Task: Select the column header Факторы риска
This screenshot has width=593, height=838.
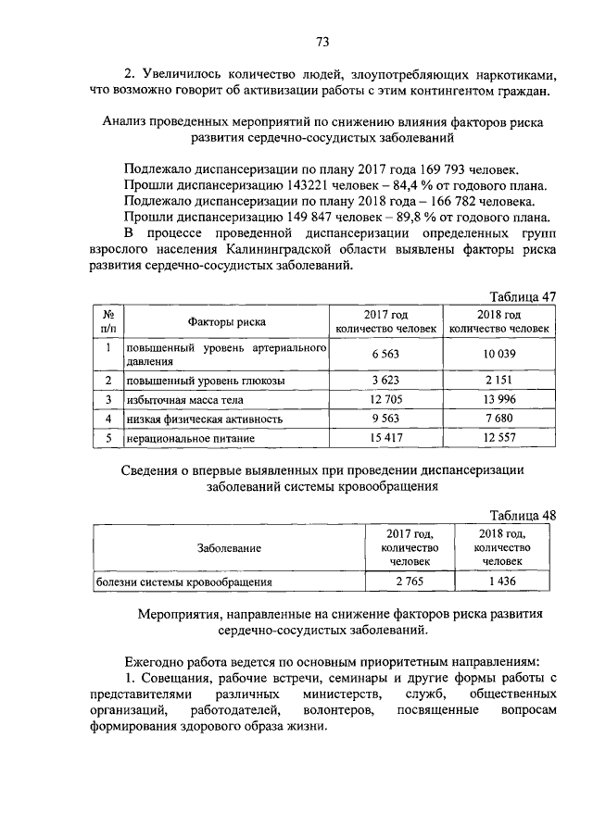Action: coord(226,322)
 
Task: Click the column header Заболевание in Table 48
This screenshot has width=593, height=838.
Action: coord(229,548)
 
